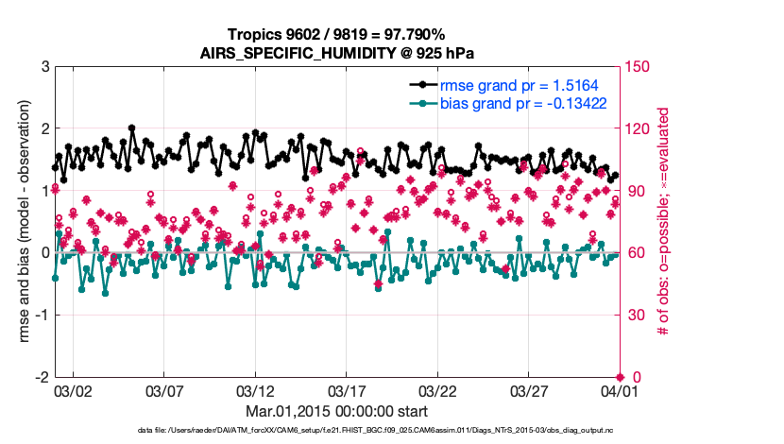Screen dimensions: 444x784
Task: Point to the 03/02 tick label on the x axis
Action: click(73, 391)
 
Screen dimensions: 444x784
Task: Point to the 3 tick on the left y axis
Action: click(44, 67)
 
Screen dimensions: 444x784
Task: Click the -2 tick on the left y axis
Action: click(42, 377)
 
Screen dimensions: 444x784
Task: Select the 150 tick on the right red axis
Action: click(637, 67)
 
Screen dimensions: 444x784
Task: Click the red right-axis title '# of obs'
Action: click(663, 222)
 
